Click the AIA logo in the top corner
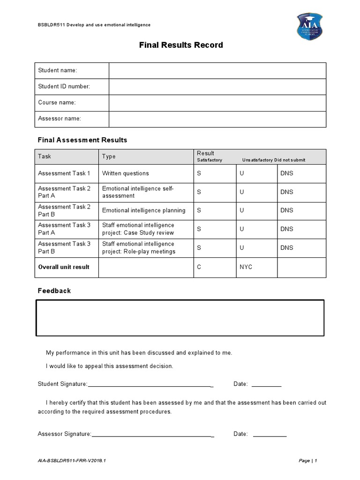pyautogui.click(x=309, y=26)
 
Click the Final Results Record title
pyautogui.click(x=181, y=45)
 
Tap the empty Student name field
pyautogui.click(x=217, y=71)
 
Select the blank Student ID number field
pyautogui.click(x=217, y=87)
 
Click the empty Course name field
pyautogui.click(x=217, y=103)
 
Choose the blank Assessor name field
pyautogui.click(x=217, y=119)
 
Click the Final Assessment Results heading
pyautogui.click(x=82, y=140)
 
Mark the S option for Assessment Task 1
pyautogui.click(x=199, y=173)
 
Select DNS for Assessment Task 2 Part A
pyautogui.click(x=286, y=192)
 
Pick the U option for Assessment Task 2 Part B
pyautogui.click(x=242, y=210)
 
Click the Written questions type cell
pyautogui.click(x=126, y=173)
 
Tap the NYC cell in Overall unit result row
pyautogui.click(x=246, y=267)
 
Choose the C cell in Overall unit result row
pyautogui.click(x=199, y=267)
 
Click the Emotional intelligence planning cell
pyautogui.click(x=143, y=210)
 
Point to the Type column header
pyautogui.click(x=109, y=157)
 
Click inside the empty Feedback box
pyautogui.click(x=180, y=318)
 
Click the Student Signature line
pyautogui.click(x=150, y=384)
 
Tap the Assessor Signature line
pyautogui.click(x=152, y=434)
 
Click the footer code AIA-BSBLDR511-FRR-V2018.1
pyautogui.click(x=72, y=461)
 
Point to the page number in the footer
pyautogui.click(x=308, y=461)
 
